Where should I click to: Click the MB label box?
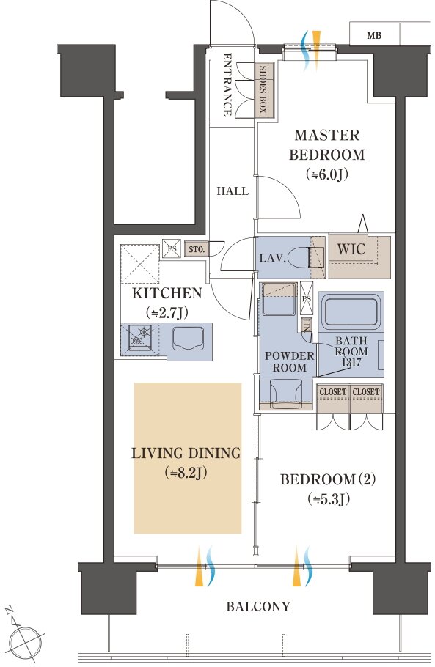(x=375, y=34)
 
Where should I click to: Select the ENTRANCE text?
(x=227, y=84)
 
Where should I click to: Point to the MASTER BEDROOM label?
(x=327, y=144)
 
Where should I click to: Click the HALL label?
(x=233, y=191)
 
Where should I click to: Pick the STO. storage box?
(x=196, y=249)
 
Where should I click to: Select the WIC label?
(x=351, y=249)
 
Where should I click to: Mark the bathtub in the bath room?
(x=351, y=313)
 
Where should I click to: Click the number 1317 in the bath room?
(x=351, y=362)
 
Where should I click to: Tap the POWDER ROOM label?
(x=290, y=361)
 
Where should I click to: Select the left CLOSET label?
(x=333, y=391)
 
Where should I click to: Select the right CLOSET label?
(x=366, y=391)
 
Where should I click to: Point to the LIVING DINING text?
(x=186, y=453)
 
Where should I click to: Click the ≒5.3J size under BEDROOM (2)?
(x=329, y=499)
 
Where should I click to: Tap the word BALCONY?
(x=258, y=606)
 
